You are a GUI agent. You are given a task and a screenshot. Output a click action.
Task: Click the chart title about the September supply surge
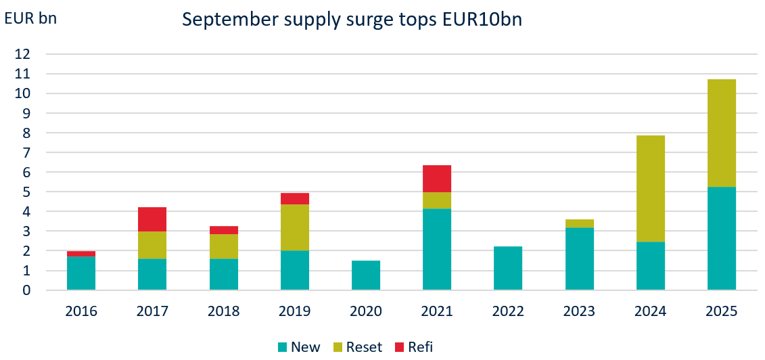(x=352, y=20)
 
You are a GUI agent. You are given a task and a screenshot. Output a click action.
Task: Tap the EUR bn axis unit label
(x=30, y=18)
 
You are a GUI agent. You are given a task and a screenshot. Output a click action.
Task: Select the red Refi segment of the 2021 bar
(x=437, y=179)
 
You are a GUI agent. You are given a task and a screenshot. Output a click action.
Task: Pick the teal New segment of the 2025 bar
(x=722, y=238)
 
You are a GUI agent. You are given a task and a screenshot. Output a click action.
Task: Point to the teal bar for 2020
(x=366, y=275)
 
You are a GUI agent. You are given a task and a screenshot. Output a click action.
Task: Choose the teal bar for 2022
(x=508, y=268)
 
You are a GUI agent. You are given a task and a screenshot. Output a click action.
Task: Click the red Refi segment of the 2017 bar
(x=152, y=219)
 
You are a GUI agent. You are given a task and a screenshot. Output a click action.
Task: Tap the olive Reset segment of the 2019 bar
(x=295, y=227)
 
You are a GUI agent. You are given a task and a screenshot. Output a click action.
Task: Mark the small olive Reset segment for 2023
(x=580, y=223)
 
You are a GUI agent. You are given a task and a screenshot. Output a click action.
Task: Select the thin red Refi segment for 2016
(x=81, y=254)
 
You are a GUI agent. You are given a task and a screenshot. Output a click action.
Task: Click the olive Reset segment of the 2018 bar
(x=224, y=246)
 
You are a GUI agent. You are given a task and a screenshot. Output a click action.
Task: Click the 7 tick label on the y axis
(x=28, y=153)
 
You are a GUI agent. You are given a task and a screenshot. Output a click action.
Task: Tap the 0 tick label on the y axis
(x=28, y=291)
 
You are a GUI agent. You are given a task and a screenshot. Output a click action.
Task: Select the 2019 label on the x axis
(x=295, y=312)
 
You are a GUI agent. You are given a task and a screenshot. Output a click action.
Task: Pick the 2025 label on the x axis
(x=722, y=312)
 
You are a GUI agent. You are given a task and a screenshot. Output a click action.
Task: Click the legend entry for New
(x=299, y=347)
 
